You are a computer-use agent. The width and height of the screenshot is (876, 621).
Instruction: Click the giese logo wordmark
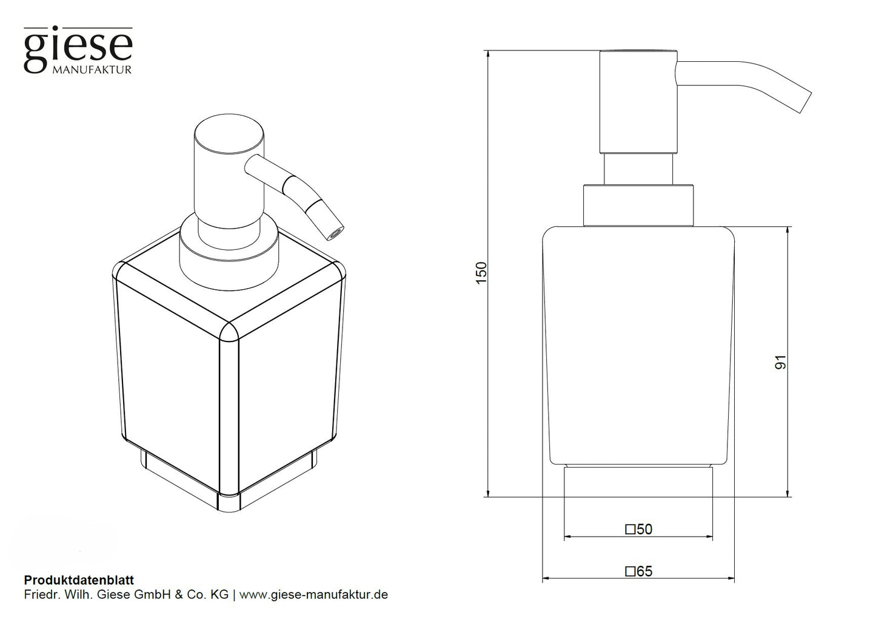[x=78, y=49]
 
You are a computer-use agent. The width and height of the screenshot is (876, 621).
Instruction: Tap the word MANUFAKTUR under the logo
[x=92, y=70]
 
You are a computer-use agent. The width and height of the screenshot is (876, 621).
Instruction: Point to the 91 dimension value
[x=780, y=362]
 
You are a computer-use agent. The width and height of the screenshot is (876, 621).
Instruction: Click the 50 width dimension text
[x=644, y=529]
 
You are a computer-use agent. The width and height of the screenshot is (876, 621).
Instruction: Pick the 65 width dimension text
[x=644, y=571]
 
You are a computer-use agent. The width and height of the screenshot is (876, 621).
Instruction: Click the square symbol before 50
[x=630, y=529]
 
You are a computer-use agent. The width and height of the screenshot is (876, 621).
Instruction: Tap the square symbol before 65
[x=630, y=572]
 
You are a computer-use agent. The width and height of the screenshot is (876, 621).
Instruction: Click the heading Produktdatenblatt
[x=79, y=580]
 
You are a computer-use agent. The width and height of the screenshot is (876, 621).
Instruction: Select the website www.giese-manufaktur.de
[x=313, y=595]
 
